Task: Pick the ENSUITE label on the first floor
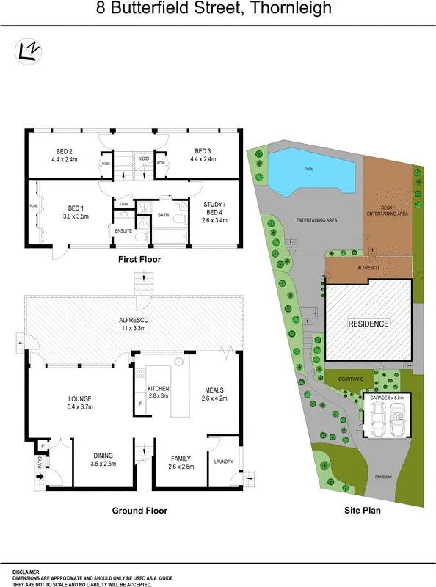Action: tap(123, 230)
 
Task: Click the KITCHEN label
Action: tap(159, 388)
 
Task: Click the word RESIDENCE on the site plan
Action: tap(368, 324)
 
